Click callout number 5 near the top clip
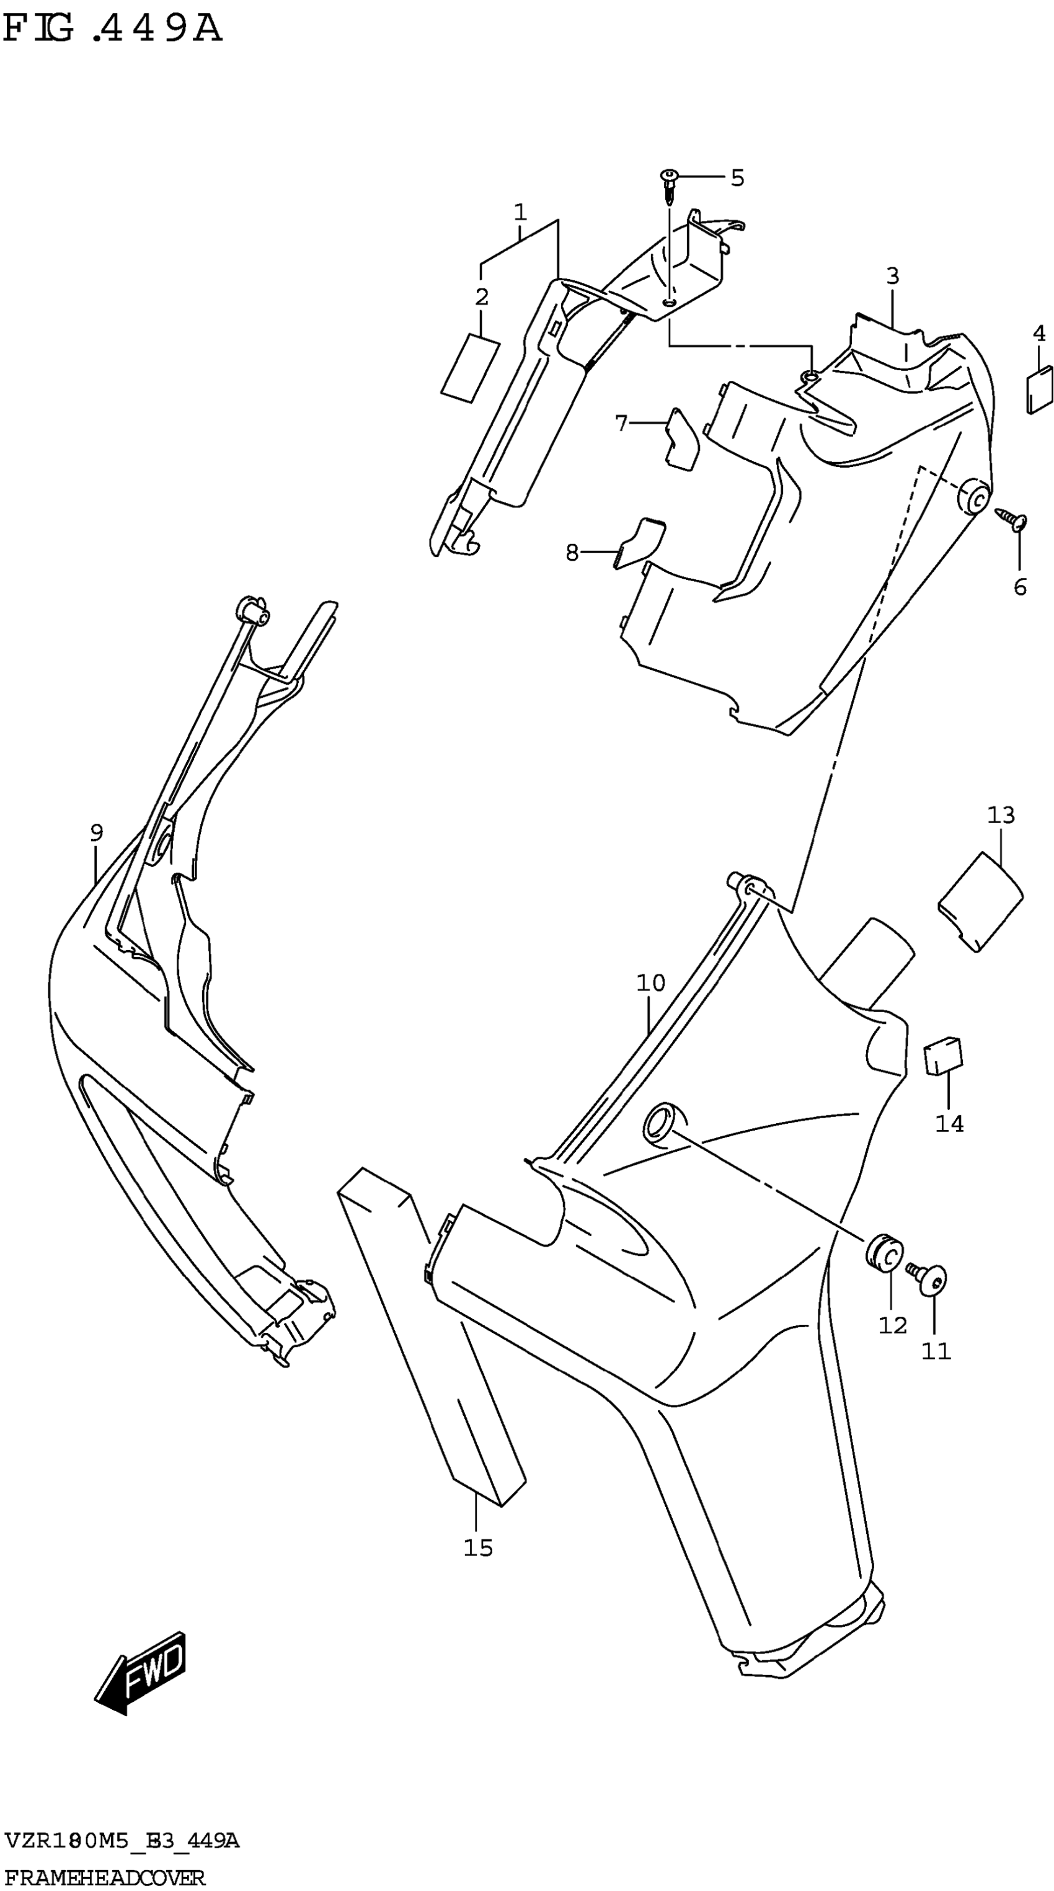(737, 177)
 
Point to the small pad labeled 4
(1038, 390)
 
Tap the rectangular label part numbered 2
(470, 368)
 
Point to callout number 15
(478, 1548)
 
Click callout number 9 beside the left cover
(96, 832)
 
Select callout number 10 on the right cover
(650, 982)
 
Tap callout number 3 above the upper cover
(892, 277)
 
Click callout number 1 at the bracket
(520, 213)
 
